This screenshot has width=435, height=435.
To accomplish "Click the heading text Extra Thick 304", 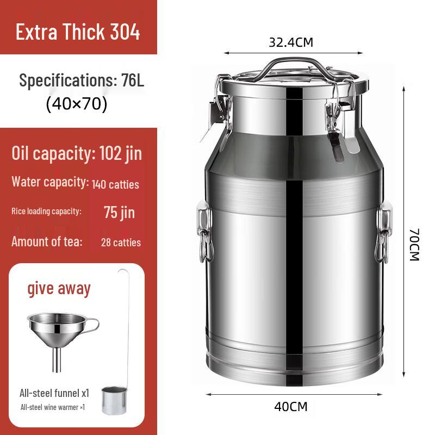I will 78,32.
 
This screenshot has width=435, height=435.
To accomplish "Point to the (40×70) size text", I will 77,103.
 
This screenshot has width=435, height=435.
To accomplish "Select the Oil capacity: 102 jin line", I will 77,153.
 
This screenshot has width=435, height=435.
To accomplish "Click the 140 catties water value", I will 115,184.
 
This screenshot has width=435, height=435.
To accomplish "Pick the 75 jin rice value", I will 120,212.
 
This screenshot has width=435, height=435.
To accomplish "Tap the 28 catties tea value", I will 121,242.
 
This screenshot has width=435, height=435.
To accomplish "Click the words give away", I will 59,288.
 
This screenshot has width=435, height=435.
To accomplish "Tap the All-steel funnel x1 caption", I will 54,393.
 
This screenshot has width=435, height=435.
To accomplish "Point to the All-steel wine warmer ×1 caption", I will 52,407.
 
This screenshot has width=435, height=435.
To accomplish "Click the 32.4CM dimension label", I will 290,42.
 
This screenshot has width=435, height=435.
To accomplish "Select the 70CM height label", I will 414,244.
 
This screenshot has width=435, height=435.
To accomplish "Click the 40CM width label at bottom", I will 291,406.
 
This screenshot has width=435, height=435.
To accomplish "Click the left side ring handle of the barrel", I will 206,234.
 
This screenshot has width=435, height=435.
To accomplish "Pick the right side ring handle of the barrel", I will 383,234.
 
